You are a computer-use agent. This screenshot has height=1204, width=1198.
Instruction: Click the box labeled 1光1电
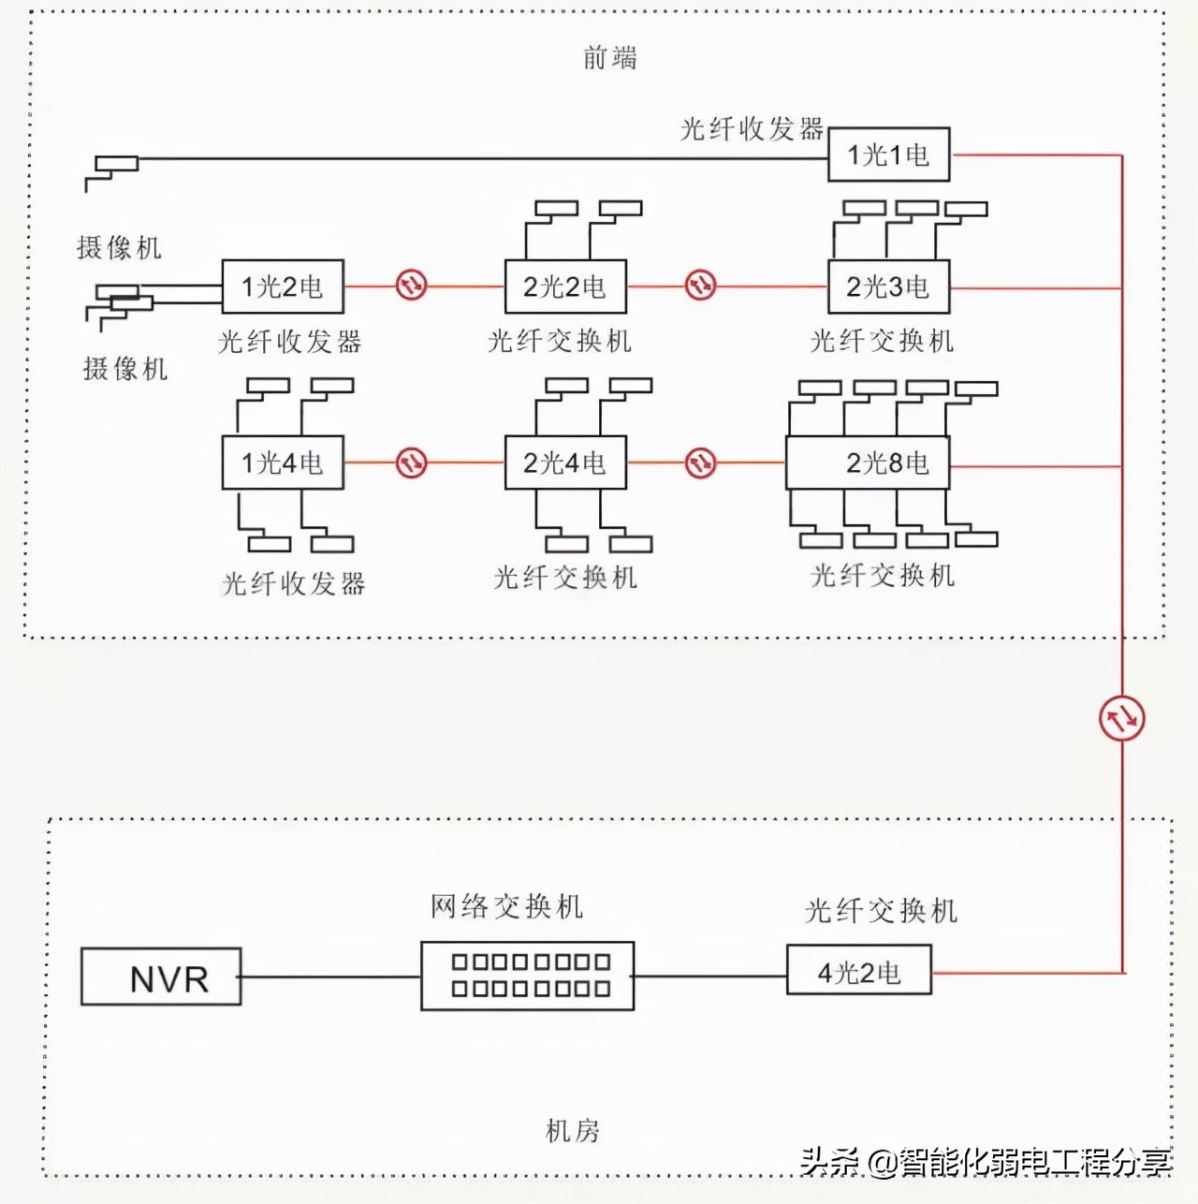click(x=888, y=154)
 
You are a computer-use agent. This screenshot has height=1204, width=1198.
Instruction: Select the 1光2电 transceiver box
click(x=283, y=286)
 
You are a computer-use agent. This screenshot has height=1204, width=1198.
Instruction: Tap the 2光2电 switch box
click(x=565, y=286)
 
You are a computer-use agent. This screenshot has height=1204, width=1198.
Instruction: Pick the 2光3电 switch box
click(x=888, y=286)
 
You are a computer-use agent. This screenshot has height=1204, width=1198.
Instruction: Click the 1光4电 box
click(x=283, y=463)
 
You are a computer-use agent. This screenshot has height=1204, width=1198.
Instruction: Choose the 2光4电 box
click(x=565, y=463)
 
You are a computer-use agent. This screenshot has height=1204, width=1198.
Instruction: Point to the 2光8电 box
click(x=868, y=463)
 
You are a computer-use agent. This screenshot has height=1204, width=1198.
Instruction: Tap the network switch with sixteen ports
click(x=528, y=976)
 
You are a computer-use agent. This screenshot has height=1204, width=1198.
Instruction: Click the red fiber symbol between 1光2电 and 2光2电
click(x=411, y=285)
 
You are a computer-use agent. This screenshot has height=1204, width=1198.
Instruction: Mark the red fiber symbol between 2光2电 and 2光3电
click(x=700, y=285)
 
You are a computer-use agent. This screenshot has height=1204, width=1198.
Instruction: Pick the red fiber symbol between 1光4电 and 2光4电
click(x=411, y=463)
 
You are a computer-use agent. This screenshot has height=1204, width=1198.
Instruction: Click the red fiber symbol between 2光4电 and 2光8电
click(x=700, y=463)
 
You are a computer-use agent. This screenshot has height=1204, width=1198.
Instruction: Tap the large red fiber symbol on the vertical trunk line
click(x=1121, y=718)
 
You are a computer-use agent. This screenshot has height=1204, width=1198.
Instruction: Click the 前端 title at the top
click(x=609, y=58)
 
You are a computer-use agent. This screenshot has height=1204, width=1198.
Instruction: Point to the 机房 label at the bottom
click(x=572, y=1131)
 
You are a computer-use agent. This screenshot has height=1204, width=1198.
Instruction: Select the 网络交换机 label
click(x=506, y=906)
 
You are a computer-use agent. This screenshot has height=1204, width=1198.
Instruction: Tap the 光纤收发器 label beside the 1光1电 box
click(x=751, y=129)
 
